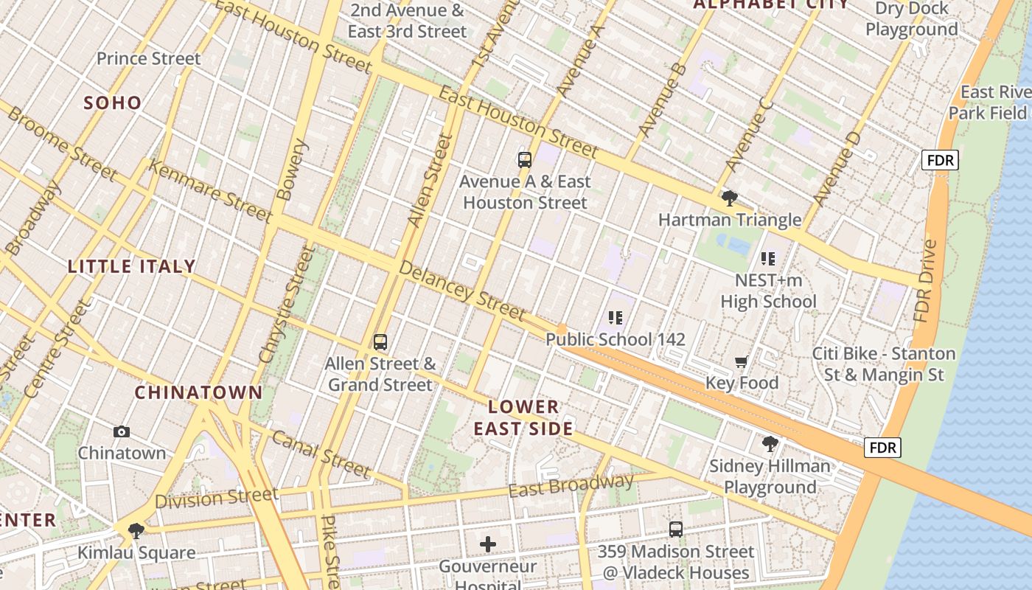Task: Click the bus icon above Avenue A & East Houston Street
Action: (524, 159)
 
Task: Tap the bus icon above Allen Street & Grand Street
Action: (380, 342)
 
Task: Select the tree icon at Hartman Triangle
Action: (729, 198)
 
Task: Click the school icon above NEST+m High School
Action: (768, 259)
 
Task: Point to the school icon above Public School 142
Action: (616, 318)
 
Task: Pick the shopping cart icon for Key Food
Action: (742, 361)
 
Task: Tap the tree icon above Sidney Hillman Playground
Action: (770, 444)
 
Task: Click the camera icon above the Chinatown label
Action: (122, 431)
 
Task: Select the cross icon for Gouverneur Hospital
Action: (487, 545)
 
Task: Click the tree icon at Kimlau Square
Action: (136, 530)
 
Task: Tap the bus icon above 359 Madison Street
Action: (675, 529)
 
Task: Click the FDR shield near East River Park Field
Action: (940, 160)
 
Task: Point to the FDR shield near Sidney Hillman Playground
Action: (882, 448)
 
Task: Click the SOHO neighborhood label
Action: (113, 103)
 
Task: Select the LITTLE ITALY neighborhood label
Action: (132, 266)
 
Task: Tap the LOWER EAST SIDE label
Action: (523, 417)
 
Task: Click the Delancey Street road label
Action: (462, 289)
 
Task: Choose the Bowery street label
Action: (291, 170)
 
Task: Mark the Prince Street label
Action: (148, 58)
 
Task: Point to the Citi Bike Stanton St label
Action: (884, 364)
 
